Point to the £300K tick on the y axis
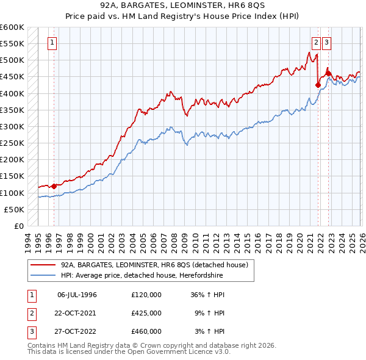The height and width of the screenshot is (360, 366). coord(12,126)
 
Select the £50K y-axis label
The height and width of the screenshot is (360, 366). coord(14,209)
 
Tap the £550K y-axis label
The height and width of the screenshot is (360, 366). coord(12,44)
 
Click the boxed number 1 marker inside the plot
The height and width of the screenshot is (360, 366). coord(53,43)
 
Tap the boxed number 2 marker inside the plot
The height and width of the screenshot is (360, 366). coord(316,43)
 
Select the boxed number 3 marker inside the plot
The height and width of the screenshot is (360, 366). coord(328,43)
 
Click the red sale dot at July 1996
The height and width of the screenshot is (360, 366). coord(54,186)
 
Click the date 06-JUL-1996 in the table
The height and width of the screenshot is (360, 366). coord(77,295)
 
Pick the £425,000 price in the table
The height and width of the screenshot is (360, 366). coord(146,313)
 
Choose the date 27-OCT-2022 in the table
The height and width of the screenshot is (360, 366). coord(77,331)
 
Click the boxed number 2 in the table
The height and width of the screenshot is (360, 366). coord(31,313)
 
